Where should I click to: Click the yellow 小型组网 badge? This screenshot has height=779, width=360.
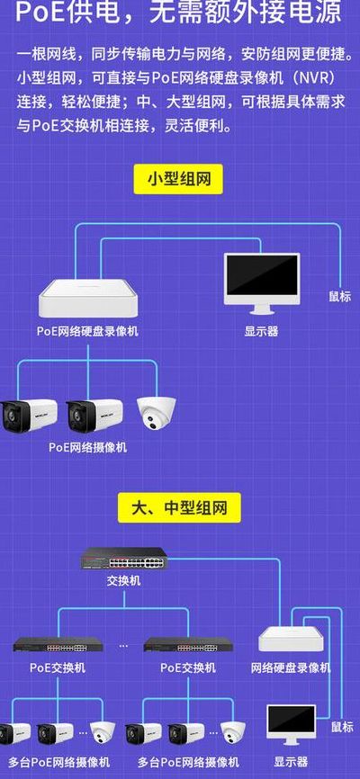(x=178, y=179)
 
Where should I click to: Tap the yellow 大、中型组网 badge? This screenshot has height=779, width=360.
(x=179, y=507)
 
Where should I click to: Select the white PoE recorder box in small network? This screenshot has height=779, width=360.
(x=88, y=298)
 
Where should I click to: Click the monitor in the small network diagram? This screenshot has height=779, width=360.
(x=262, y=283)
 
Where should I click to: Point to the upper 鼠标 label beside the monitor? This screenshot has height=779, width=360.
(x=339, y=297)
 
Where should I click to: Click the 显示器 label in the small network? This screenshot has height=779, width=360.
(x=261, y=331)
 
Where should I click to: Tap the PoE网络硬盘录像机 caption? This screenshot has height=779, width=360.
(x=87, y=331)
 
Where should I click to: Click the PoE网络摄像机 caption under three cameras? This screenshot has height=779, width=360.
(x=87, y=447)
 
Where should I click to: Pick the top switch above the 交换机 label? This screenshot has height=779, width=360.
(x=124, y=559)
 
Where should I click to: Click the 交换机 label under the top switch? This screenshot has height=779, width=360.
(x=124, y=580)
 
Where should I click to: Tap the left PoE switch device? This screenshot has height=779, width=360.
(x=58, y=644)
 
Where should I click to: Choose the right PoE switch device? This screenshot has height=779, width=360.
(x=188, y=644)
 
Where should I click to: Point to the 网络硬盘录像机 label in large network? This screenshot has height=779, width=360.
(x=291, y=667)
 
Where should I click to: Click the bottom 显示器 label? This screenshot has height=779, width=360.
(x=291, y=762)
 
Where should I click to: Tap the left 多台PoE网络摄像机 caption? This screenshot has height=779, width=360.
(x=58, y=762)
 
